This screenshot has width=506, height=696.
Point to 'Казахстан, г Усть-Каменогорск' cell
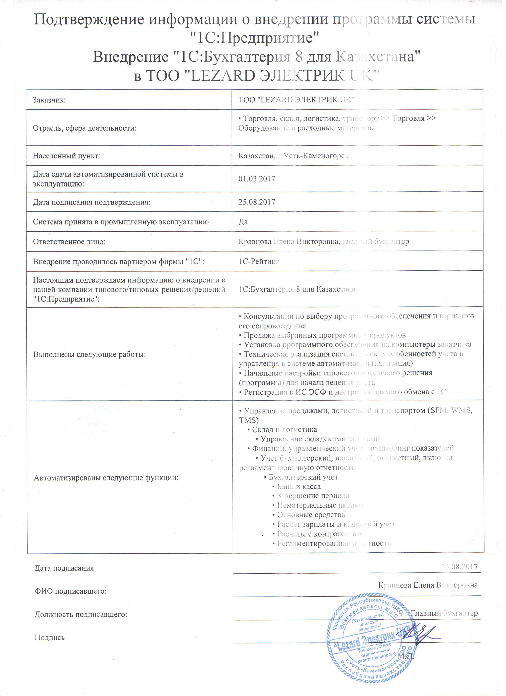point(296,157)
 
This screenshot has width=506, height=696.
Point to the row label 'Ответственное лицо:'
point(69,243)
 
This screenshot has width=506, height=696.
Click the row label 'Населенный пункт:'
point(67,157)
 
